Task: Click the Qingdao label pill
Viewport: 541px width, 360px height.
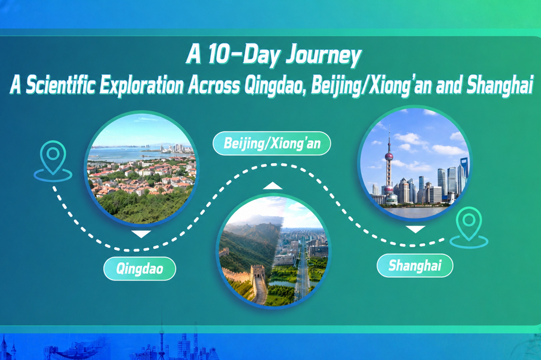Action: point(139,269)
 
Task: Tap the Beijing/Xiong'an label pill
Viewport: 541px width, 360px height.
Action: point(272,144)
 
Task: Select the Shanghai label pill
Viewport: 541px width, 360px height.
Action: point(415,266)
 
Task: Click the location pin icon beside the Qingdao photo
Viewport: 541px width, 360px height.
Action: point(53,161)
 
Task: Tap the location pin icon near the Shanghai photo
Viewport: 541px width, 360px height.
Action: point(469,227)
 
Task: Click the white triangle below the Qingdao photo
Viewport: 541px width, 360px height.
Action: point(141,234)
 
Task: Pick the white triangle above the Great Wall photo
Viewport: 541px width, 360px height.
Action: point(272,186)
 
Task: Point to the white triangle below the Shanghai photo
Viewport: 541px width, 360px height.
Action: point(416,229)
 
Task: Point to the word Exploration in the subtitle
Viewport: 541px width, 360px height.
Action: point(142,86)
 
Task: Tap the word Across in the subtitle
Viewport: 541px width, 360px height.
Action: point(214,86)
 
